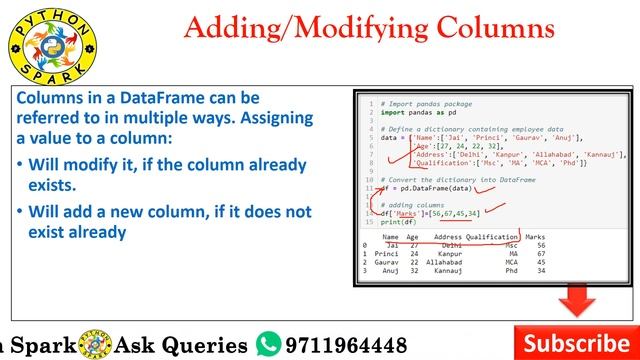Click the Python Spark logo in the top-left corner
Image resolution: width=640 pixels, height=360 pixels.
[41, 44]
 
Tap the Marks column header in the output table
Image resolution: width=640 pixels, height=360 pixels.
[534, 236]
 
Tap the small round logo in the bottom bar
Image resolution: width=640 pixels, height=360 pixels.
[100, 343]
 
